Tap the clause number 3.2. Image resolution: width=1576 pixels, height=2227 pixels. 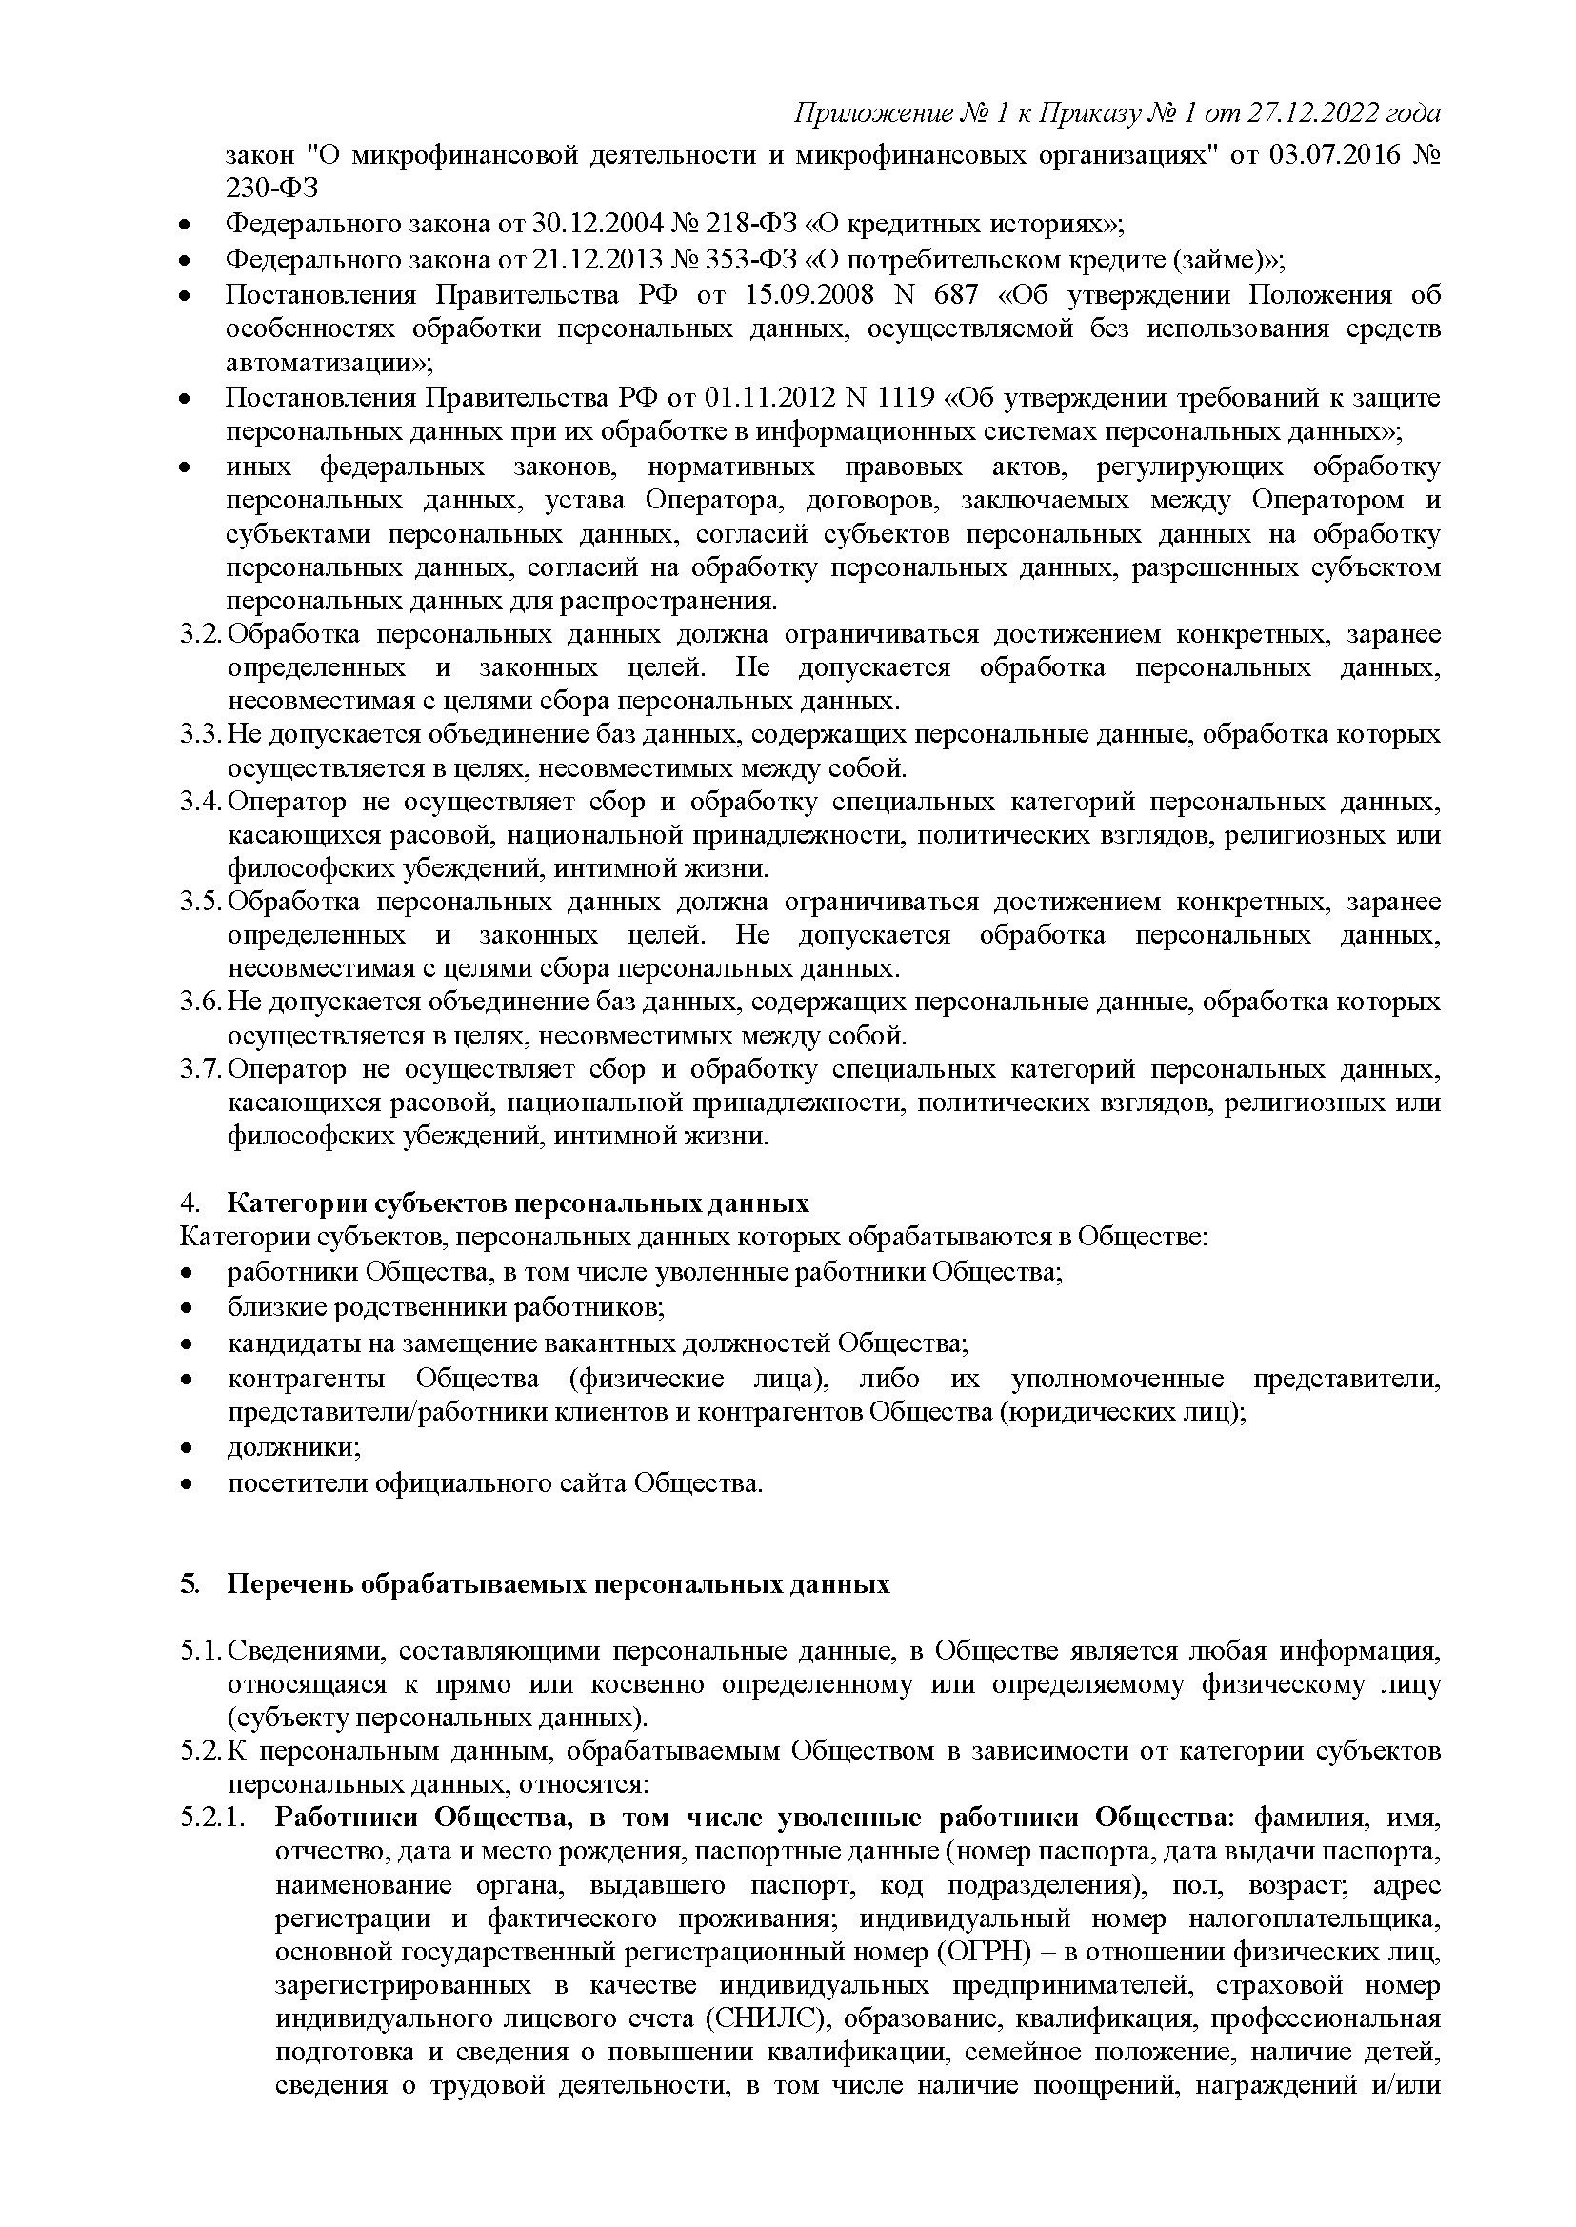[x=201, y=636]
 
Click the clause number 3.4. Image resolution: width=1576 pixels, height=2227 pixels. [x=201, y=803]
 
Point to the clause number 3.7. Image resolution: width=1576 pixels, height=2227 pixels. [x=201, y=1070]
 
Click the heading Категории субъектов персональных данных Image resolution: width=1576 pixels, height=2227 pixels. [x=517, y=1204]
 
